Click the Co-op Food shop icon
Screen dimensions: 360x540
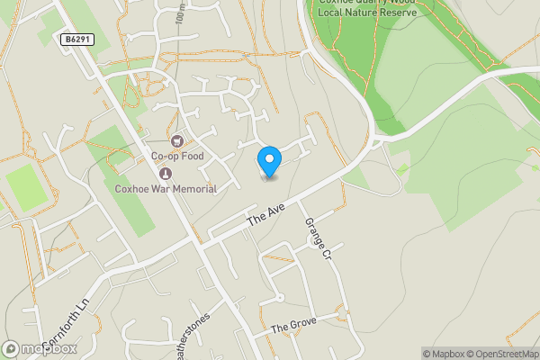pos(176,140)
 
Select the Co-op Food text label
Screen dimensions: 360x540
pos(176,157)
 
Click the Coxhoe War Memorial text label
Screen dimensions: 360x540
pos(166,189)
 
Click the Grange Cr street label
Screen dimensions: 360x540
pos(318,239)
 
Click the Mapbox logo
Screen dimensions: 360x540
pos(40,348)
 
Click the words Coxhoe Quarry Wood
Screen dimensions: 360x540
pos(367,3)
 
